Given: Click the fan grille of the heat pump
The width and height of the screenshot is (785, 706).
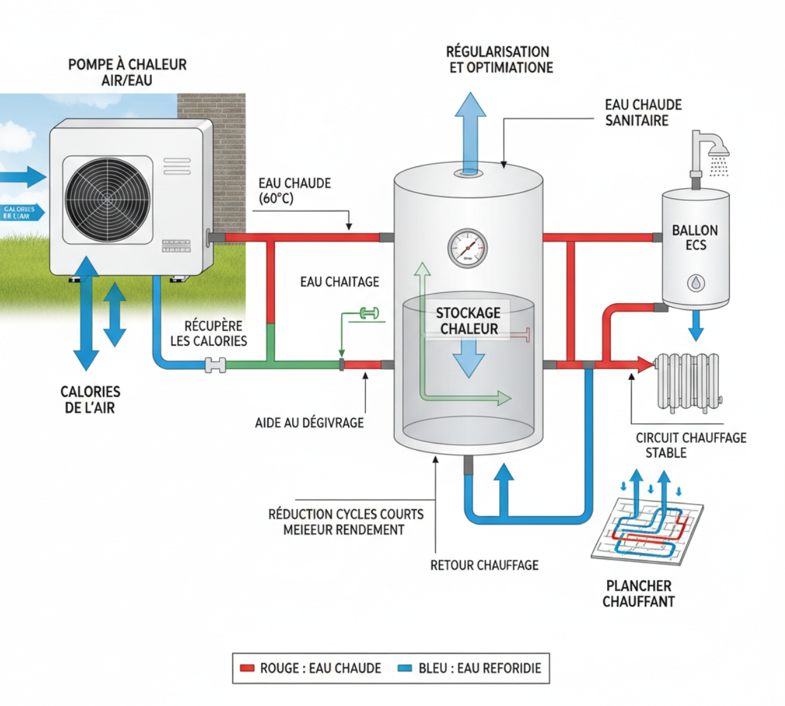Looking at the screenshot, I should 107,200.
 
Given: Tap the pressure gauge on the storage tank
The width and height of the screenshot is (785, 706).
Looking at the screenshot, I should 468,248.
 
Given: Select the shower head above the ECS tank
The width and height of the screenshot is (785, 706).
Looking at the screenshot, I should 718,151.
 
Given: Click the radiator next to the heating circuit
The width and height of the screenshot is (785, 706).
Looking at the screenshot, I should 688,382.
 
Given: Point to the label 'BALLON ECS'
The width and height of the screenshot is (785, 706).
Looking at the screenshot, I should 695,238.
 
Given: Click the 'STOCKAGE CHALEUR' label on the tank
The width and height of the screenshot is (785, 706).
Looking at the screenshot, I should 469,320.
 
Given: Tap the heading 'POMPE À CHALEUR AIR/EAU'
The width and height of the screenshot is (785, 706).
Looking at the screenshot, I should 127,72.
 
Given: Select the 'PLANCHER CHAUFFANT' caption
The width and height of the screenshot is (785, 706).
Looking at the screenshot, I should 638,594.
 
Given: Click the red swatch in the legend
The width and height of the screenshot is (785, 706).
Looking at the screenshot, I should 247,669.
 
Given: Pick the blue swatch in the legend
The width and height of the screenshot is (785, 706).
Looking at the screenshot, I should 405,669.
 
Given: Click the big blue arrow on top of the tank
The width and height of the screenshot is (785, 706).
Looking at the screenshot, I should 470,130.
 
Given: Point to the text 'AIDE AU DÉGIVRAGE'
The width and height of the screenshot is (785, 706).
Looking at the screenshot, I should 309,423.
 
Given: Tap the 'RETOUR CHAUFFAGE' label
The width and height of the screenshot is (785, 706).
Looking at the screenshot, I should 484,565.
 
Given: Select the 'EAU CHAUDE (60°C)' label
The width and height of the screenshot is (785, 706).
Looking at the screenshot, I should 294,191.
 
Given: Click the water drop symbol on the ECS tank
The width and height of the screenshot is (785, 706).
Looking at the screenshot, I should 696,283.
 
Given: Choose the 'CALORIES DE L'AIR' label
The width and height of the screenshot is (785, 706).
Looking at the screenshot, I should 90,400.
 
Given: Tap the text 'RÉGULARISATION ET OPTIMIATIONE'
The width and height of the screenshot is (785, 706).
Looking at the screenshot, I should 500,60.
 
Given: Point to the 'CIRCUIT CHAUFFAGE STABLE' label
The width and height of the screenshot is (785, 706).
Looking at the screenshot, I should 690,445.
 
